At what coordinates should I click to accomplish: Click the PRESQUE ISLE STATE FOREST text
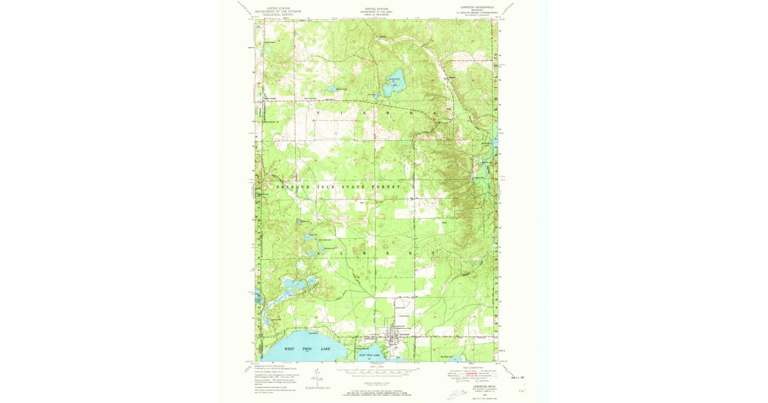(339, 187)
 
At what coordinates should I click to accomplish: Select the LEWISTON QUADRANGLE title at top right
(472, 7)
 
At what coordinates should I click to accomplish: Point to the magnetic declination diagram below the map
(315, 378)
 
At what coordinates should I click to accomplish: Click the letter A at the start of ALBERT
(318, 254)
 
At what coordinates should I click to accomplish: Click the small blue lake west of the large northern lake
(331, 88)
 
